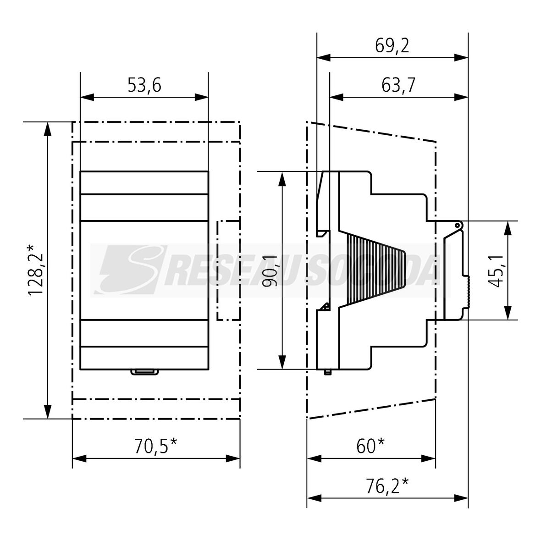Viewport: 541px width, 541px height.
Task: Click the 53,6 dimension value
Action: click(x=144, y=85)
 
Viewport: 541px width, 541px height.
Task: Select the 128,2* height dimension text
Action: click(x=35, y=270)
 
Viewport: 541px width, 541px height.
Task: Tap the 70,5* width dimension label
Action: click(x=155, y=446)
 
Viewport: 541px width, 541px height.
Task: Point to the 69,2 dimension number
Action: click(x=392, y=45)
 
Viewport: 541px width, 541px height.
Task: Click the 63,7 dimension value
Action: click(x=398, y=85)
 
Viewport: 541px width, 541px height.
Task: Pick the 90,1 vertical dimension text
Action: click(x=270, y=271)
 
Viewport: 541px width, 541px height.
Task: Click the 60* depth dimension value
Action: click(x=370, y=446)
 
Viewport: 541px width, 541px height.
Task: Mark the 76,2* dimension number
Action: click(x=387, y=486)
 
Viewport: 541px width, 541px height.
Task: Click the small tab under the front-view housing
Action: click(x=144, y=372)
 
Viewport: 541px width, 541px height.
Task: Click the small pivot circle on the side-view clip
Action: click(x=457, y=226)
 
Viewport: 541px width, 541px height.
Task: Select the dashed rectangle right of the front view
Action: click(x=228, y=270)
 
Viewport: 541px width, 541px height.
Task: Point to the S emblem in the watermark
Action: click(x=131, y=270)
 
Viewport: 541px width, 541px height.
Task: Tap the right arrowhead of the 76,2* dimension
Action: click(x=461, y=498)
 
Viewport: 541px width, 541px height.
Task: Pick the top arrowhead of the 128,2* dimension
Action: click(x=48, y=129)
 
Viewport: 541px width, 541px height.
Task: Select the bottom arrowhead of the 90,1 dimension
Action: click(x=282, y=362)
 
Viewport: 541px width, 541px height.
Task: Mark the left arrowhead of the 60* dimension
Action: click(x=314, y=458)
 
